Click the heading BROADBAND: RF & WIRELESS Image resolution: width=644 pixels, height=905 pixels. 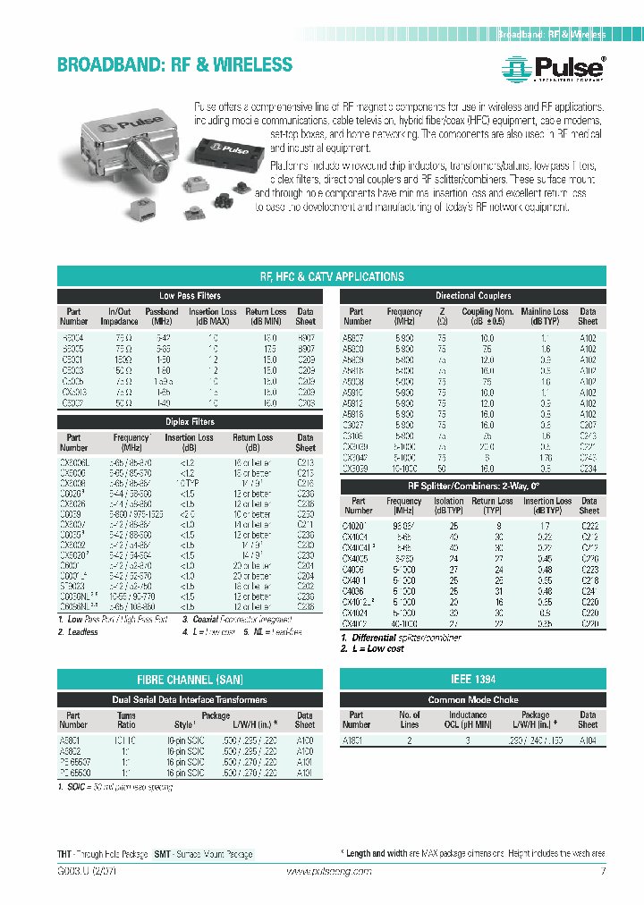[174, 65]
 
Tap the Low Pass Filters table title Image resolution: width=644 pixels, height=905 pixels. [190, 296]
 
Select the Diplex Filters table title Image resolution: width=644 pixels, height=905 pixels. [190, 421]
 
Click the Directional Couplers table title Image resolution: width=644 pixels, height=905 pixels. [473, 296]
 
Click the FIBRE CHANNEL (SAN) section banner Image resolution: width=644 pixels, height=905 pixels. [190, 680]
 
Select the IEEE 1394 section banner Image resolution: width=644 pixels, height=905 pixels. [473, 680]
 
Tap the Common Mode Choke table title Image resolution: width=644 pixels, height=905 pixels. [473, 699]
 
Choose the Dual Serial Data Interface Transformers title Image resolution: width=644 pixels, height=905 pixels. [190, 699]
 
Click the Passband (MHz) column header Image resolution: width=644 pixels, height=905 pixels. [162, 316]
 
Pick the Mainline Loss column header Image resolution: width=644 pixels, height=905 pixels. [544, 316]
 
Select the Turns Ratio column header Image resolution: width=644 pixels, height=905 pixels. [126, 720]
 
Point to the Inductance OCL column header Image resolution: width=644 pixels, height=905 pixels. [468, 720]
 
